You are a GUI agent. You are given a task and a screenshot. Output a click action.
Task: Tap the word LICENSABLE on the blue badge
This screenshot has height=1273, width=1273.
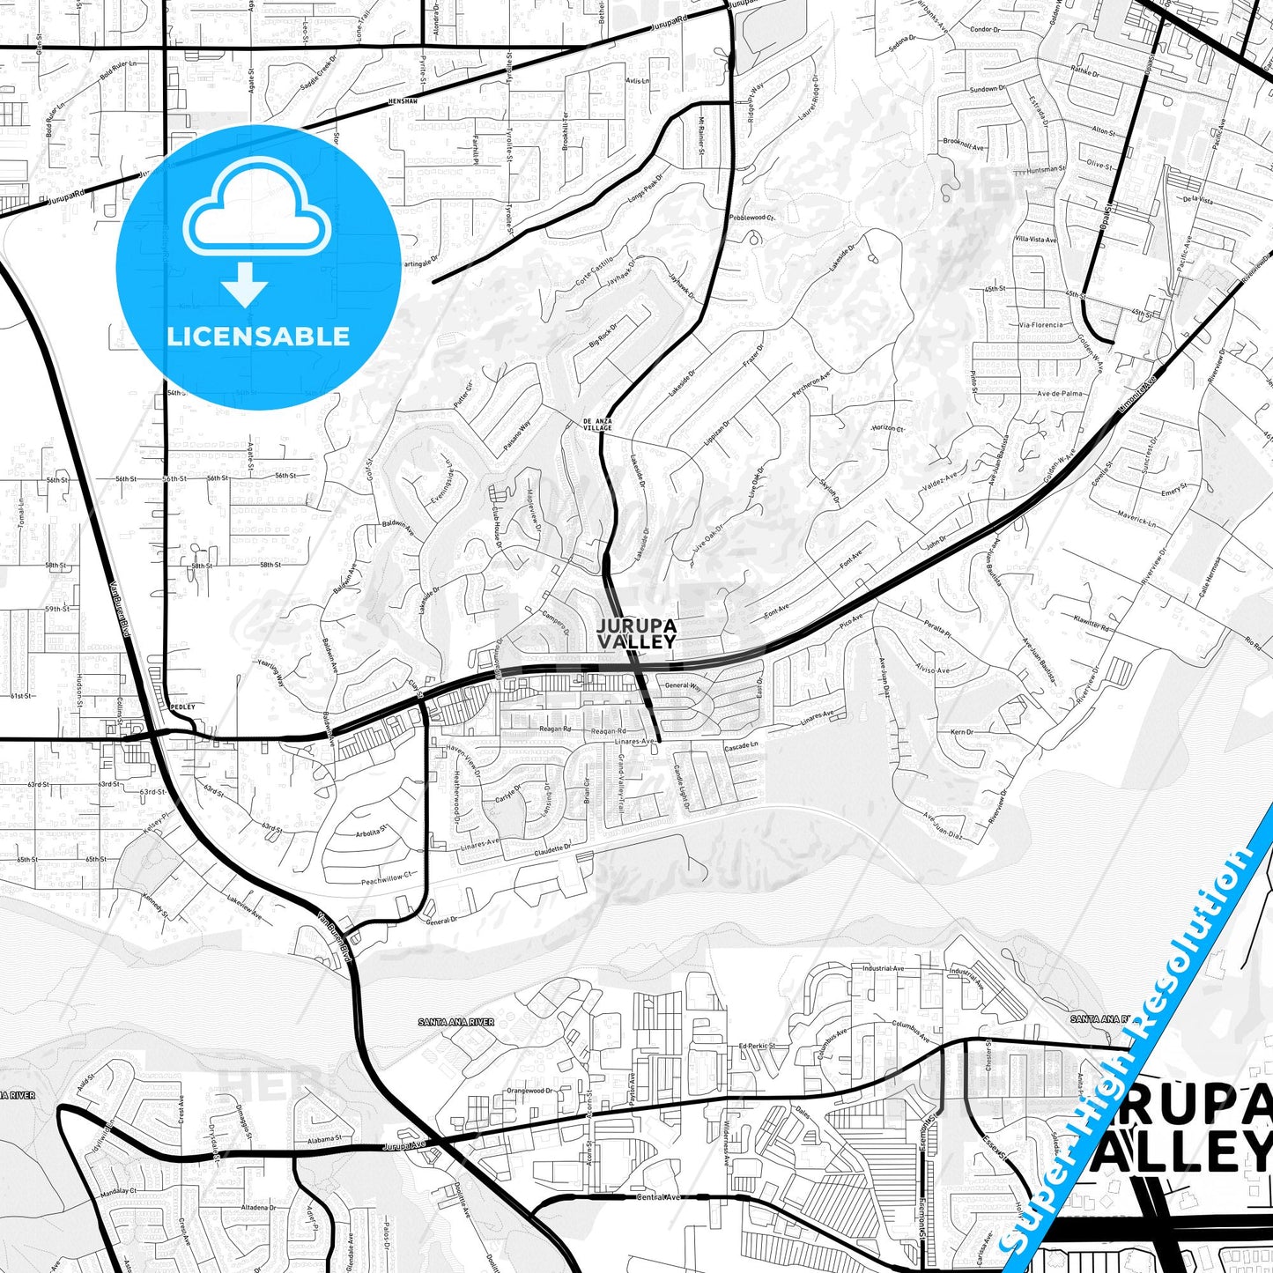click(x=258, y=336)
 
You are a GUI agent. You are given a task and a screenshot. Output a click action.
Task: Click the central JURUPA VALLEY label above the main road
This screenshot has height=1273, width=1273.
click(x=636, y=633)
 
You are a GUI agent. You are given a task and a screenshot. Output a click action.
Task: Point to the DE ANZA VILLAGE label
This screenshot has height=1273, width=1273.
click(x=603, y=425)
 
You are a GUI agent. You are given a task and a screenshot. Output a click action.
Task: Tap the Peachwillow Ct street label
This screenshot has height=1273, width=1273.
click(x=386, y=879)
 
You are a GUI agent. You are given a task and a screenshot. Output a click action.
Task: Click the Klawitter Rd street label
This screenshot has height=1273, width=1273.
click(x=1092, y=623)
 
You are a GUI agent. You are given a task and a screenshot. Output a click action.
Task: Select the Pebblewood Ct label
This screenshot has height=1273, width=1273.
click(x=751, y=217)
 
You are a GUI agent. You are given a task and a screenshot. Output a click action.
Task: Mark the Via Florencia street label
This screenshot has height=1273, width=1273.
click(x=1040, y=325)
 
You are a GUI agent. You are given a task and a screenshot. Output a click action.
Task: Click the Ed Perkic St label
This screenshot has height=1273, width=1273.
click(x=756, y=1046)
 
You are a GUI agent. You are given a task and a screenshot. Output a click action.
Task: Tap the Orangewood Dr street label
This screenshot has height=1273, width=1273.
click(x=529, y=1091)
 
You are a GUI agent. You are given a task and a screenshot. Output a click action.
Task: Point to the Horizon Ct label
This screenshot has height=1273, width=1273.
click(x=887, y=428)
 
